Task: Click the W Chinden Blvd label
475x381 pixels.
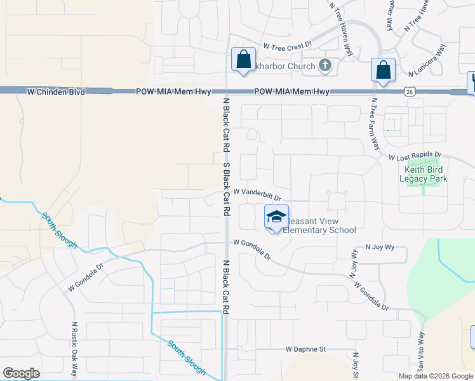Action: pos(56,92)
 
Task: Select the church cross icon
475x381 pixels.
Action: pos(325,65)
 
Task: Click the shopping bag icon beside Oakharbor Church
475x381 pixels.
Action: pos(243,60)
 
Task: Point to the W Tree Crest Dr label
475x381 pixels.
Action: pos(288,46)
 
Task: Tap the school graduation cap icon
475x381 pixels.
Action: pos(276,217)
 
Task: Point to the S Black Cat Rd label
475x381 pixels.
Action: pos(225,189)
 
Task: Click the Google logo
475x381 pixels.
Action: pos(21,373)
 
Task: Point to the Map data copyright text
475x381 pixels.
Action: pos(436,376)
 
